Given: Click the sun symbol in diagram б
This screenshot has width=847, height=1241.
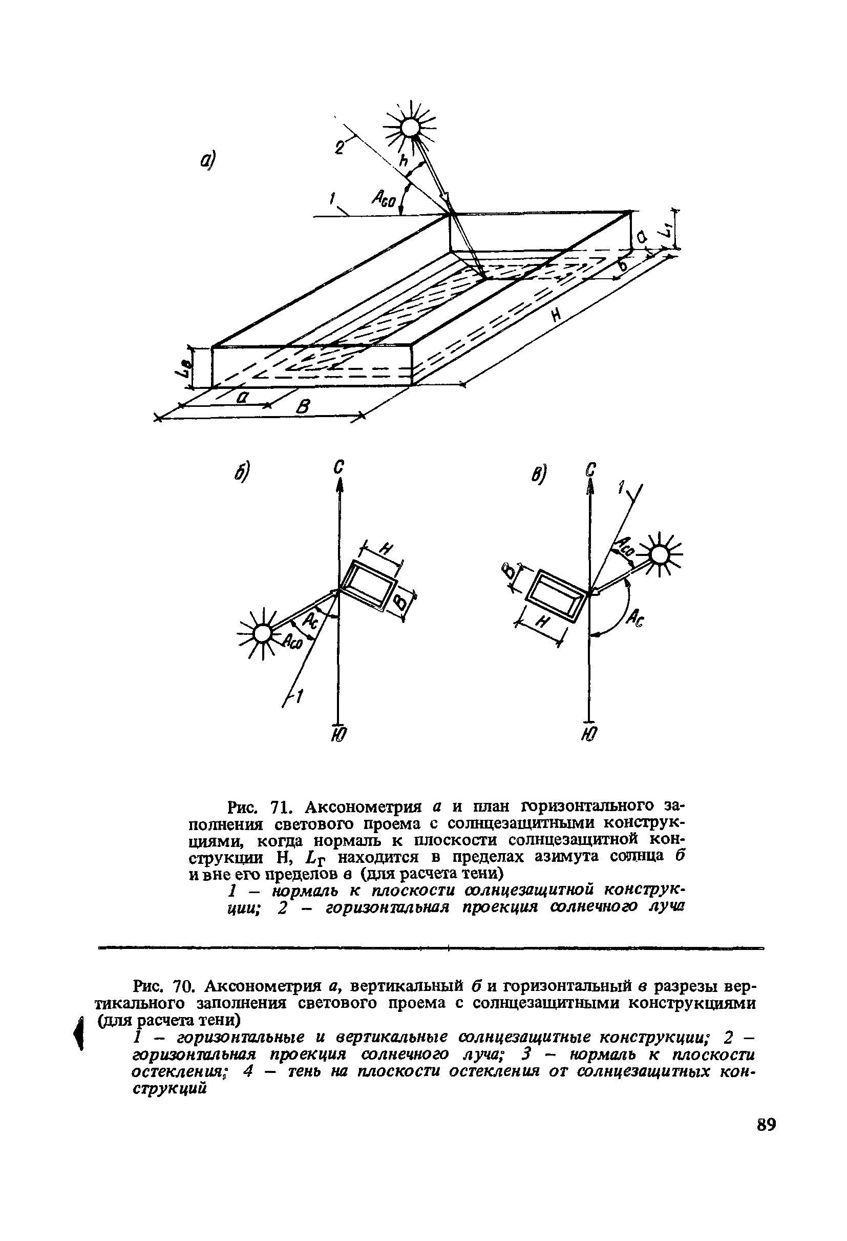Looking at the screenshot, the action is [262, 633].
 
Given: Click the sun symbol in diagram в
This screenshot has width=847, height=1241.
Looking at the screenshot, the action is [660, 556].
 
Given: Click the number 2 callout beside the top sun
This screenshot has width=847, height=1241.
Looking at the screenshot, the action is [339, 148].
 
